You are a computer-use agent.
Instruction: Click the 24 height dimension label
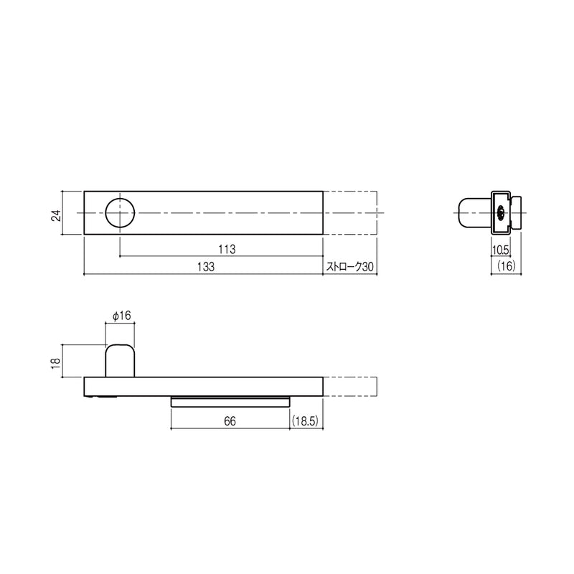[x=57, y=216]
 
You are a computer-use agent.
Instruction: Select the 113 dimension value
[x=227, y=250]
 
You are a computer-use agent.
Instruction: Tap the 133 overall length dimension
[x=206, y=267]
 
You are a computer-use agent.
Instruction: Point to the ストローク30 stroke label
[x=350, y=267]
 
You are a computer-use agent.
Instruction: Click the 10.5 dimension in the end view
[x=500, y=250]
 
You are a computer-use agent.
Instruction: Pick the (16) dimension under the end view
[x=507, y=266]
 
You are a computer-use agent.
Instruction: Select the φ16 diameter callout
[x=121, y=316]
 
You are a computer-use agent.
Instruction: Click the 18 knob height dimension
[x=56, y=363]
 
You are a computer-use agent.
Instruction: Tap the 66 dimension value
[x=230, y=421]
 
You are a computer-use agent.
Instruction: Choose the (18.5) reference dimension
[x=306, y=421]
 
